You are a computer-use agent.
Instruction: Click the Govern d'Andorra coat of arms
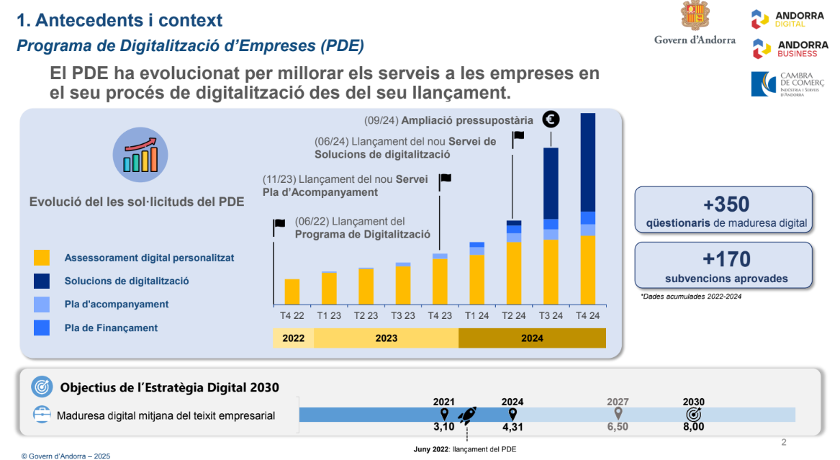coord(695,17)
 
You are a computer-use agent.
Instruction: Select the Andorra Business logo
coord(790,49)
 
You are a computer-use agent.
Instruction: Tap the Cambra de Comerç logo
coord(787,84)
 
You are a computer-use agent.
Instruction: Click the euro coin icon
coord(551,119)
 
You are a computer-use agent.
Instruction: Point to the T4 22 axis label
coord(292,315)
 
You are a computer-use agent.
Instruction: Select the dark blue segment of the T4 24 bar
coord(587,162)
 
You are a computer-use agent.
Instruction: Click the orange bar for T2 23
coord(366,286)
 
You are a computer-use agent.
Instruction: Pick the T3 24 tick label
coord(551,315)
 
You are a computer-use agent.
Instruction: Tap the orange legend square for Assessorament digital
coord(42,258)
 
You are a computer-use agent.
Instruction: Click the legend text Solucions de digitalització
coord(127,281)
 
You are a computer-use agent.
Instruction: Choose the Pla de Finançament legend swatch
coord(42,328)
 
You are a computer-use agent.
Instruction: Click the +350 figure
coord(723,204)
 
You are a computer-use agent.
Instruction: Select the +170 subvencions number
coord(723,259)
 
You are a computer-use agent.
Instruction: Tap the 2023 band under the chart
coord(386,338)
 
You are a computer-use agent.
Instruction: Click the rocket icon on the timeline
coord(467,415)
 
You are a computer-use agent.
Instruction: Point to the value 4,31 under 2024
coord(512,427)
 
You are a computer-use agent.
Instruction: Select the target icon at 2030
coord(694,415)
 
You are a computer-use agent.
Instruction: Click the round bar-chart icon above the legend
coord(140,155)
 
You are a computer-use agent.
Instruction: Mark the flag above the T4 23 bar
coord(446,178)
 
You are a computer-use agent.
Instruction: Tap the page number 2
coord(784,441)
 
